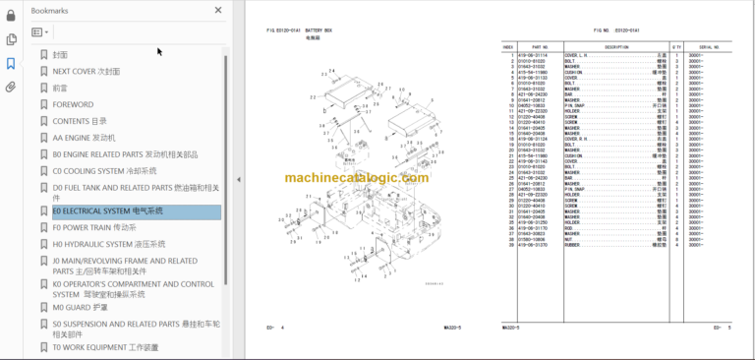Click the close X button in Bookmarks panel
click(218, 10)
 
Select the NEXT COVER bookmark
click(87, 72)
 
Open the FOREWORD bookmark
click(73, 104)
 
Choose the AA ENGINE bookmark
click(84, 138)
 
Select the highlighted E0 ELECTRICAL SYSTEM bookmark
click(107, 211)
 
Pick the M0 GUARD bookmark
click(80, 307)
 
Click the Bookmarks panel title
click(50, 10)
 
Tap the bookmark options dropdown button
click(40, 32)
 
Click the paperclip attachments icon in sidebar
click(11, 87)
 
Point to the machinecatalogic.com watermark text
click(357, 178)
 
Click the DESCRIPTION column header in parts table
click(617, 46)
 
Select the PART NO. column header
click(540, 46)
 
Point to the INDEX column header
click(508, 46)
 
